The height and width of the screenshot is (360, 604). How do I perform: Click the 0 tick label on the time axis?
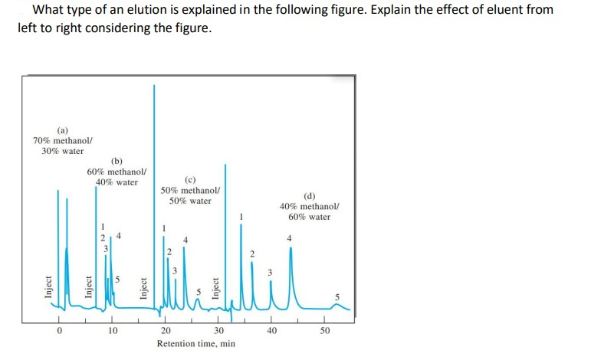point(57,331)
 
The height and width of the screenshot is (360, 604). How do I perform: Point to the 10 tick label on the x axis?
point(112,331)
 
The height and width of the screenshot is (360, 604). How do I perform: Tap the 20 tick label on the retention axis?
point(165,331)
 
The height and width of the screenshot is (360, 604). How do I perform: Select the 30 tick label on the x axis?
point(218,331)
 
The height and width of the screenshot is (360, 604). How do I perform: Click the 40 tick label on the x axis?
point(271,331)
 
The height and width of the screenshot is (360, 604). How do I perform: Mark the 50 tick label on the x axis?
point(324,331)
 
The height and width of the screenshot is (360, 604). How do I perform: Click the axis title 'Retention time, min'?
point(195,344)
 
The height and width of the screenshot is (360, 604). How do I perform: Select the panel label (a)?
point(62,129)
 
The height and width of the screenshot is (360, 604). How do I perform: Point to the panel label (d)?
point(310,196)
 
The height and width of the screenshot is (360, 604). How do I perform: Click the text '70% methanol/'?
point(63,140)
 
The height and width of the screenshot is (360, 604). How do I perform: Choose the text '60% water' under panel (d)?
point(310,217)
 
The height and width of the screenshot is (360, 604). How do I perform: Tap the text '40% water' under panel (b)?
point(117,182)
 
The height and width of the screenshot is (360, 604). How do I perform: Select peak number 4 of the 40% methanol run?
point(289,239)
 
